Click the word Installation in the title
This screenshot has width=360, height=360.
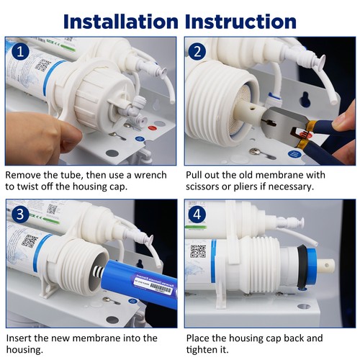121,22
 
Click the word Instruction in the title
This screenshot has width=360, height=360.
240,22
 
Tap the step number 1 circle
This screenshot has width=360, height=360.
20,51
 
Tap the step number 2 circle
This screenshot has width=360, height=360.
197,52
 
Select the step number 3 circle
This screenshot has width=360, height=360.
20,214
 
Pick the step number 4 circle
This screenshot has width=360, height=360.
197,215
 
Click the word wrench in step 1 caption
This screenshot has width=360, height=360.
150,175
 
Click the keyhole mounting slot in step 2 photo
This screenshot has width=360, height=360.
305,99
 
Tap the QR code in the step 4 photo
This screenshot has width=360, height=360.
198,251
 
